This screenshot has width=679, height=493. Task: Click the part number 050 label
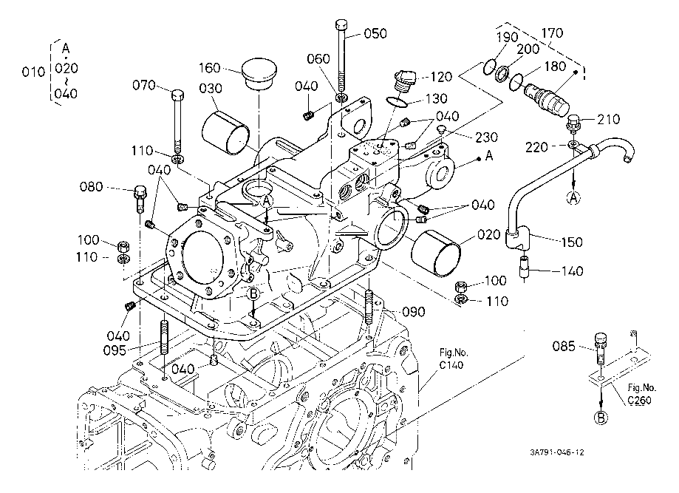376,34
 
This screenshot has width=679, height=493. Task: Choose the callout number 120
441,76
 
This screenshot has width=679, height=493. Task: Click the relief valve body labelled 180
547,92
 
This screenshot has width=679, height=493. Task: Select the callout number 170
552,33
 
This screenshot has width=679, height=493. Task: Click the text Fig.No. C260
642,393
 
